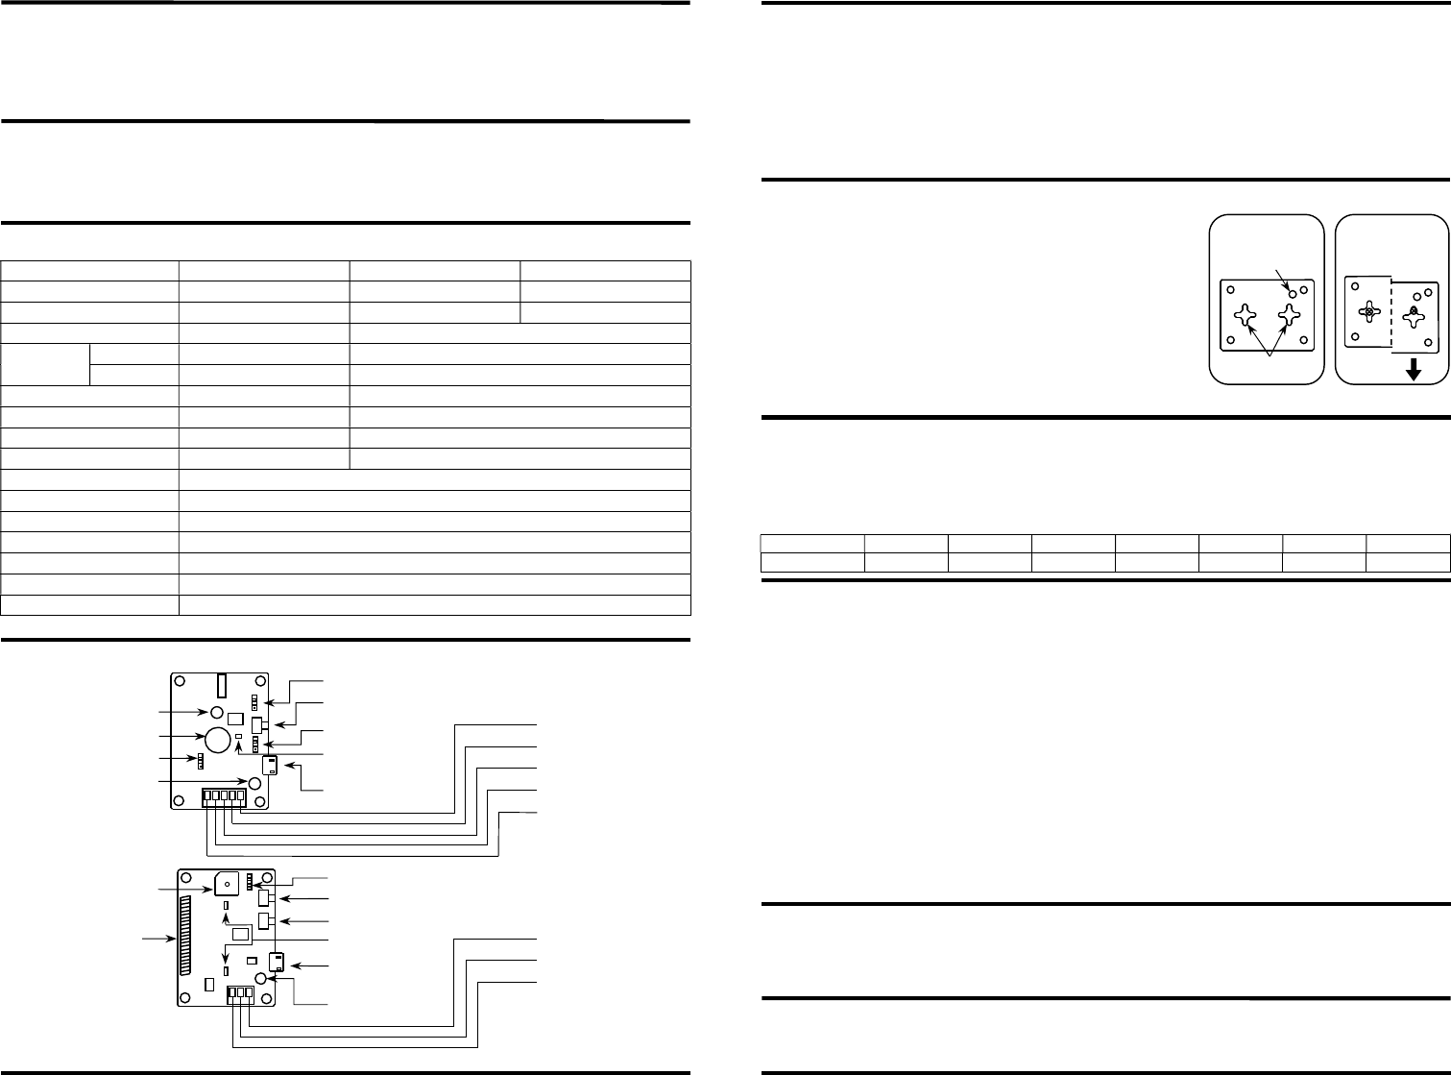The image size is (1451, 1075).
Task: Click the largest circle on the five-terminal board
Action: (218, 737)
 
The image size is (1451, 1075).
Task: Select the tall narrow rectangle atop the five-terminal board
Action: (219, 686)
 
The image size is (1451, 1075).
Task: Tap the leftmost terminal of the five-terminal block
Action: (206, 796)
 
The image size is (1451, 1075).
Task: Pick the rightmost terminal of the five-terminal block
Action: (240, 796)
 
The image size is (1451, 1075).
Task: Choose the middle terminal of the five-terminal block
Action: (224, 796)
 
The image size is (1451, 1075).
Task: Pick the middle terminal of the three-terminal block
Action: (241, 997)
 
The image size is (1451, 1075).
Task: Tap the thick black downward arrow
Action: (1412, 370)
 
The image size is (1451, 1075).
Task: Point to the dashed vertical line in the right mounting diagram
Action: (1390, 312)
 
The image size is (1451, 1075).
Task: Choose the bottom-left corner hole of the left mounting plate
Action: (1230, 340)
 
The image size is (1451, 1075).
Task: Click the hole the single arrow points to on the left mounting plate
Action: (1294, 292)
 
